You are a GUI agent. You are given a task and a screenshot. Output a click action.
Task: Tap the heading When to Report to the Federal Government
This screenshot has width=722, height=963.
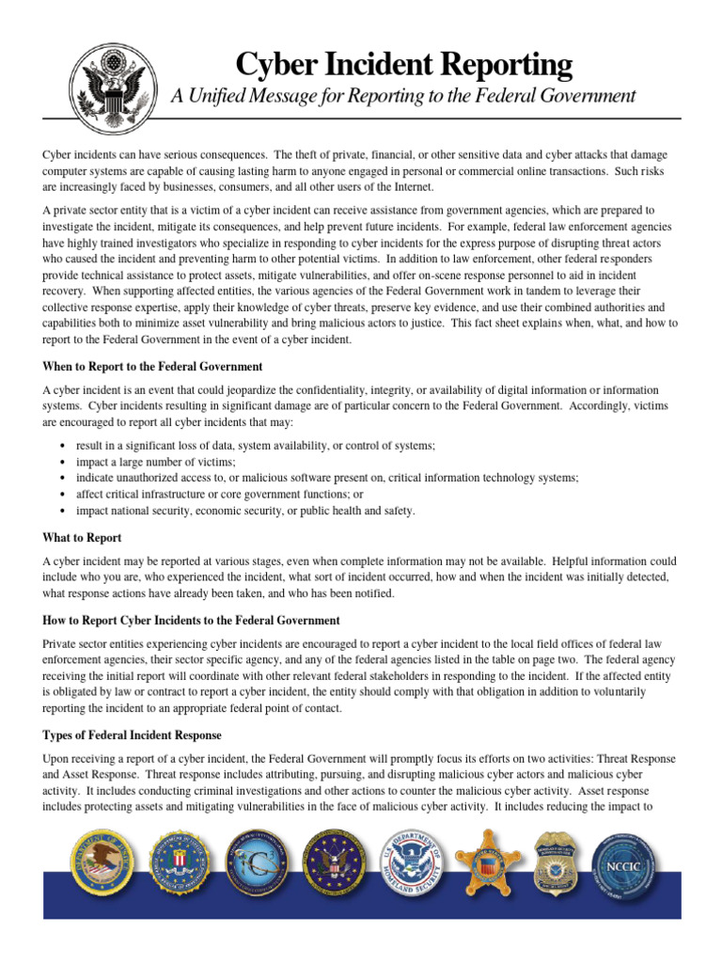tap(152, 366)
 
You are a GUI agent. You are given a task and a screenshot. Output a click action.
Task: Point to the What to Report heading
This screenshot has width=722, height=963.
tap(83, 538)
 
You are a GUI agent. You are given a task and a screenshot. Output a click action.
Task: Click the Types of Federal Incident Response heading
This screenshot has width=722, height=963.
tap(133, 734)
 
